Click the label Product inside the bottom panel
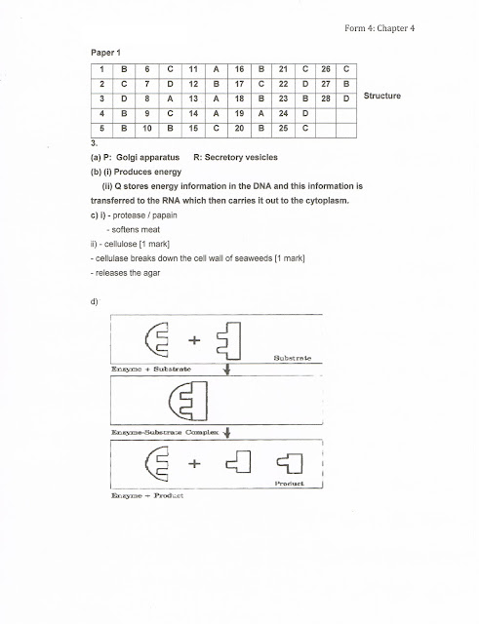point(288,484)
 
